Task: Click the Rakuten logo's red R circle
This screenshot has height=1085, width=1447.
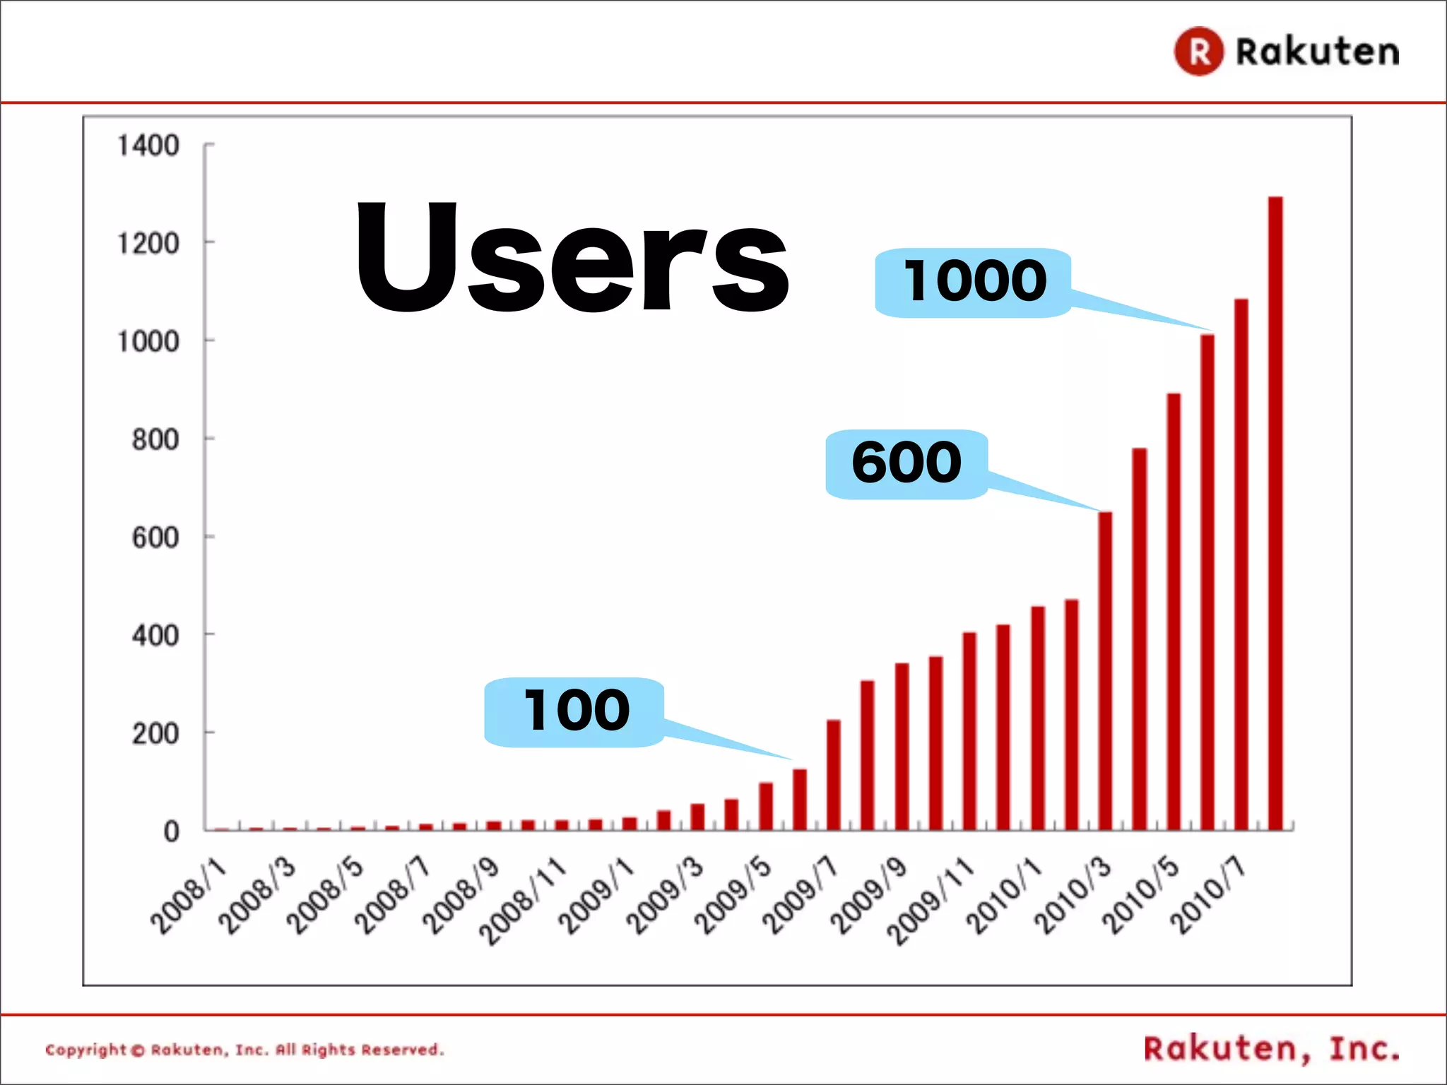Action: pyautogui.click(x=1198, y=52)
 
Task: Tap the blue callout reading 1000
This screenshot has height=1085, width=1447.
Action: pyautogui.click(x=974, y=283)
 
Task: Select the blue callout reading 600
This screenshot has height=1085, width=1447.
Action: pyautogui.click(x=906, y=464)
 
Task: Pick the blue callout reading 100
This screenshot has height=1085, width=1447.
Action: pyautogui.click(x=574, y=712)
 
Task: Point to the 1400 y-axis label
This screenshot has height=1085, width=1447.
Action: pyautogui.click(x=148, y=146)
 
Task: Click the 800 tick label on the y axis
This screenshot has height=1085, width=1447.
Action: pyautogui.click(x=155, y=439)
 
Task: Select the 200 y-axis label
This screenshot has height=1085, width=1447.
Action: pyautogui.click(x=155, y=733)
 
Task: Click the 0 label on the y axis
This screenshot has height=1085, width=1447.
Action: pyautogui.click(x=171, y=831)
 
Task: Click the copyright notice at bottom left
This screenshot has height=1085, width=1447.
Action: pyautogui.click(x=244, y=1050)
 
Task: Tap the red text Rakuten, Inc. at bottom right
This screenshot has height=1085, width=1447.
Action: pyautogui.click(x=1271, y=1049)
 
